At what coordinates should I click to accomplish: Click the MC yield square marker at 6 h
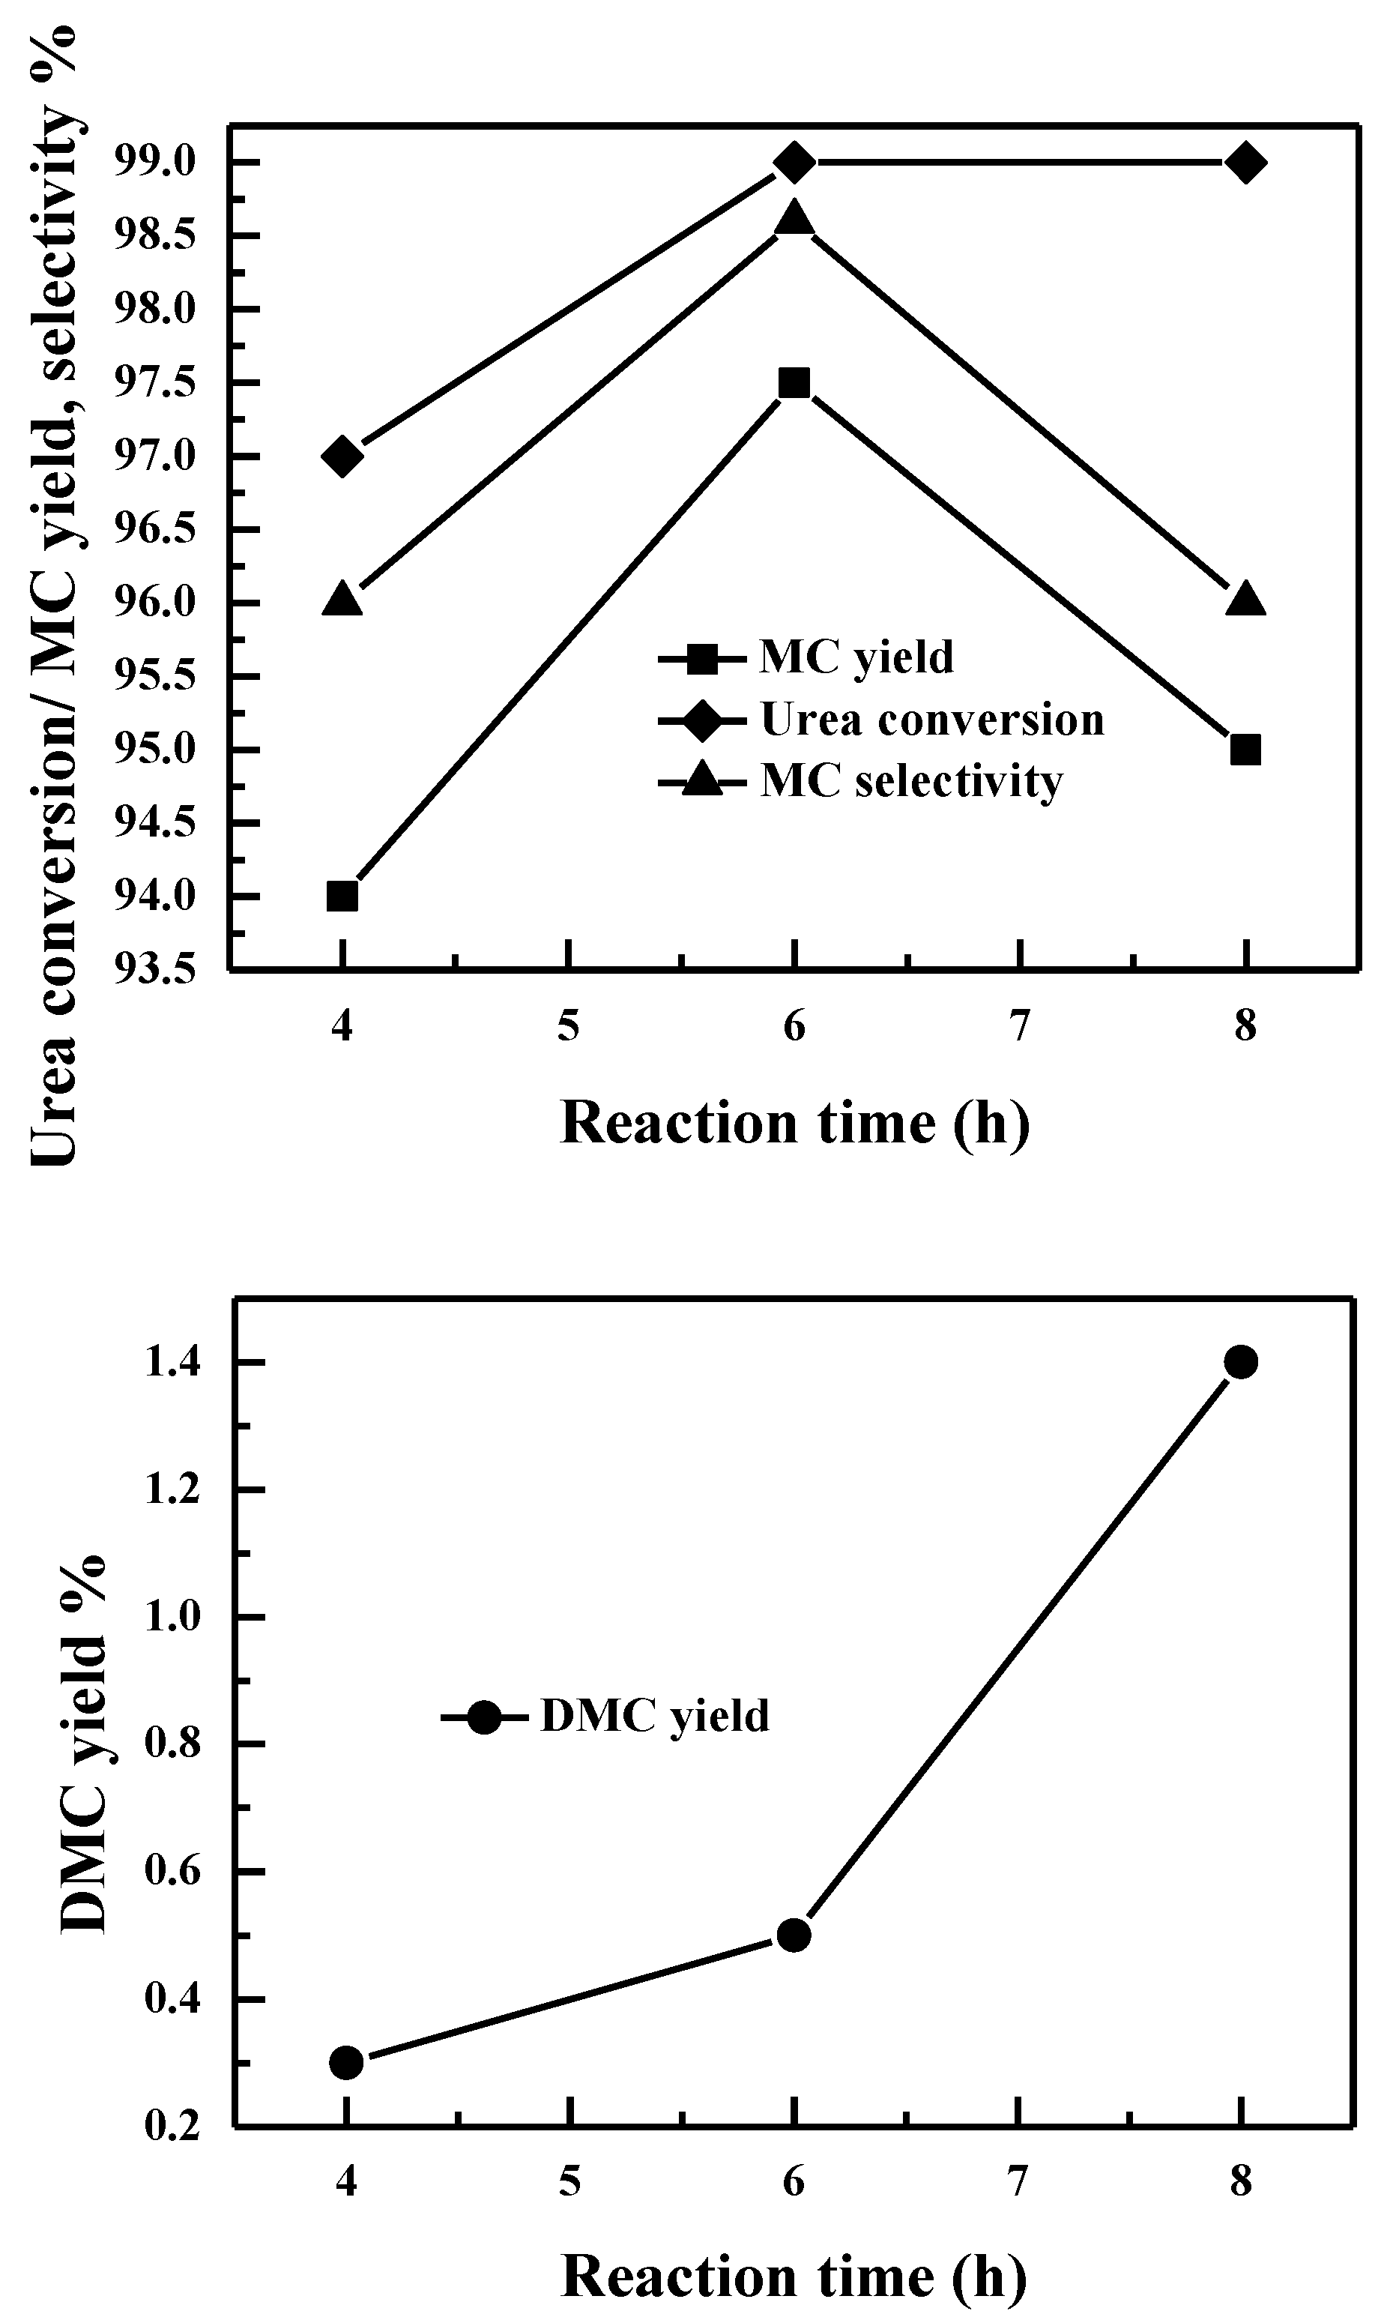[x=794, y=382]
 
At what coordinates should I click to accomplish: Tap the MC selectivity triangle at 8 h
[x=1245, y=600]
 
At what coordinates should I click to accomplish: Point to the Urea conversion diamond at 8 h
[x=1245, y=163]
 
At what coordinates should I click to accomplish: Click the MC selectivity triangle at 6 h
[x=794, y=218]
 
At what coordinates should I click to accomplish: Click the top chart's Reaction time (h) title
[x=794, y=1122]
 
